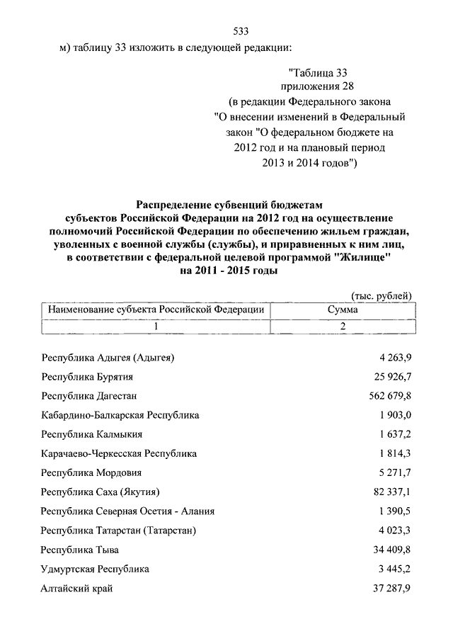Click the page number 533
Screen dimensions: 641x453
coord(241,31)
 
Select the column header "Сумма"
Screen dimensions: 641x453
coord(343,310)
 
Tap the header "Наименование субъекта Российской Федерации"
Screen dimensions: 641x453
coord(156,310)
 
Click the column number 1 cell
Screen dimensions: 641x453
coord(156,327)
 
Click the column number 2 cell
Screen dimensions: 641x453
coord(343,327)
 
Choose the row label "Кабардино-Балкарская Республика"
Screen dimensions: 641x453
coord(120,414)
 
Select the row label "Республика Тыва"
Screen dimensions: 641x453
coord(80,549)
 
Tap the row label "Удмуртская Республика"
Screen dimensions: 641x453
coord(96,568)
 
